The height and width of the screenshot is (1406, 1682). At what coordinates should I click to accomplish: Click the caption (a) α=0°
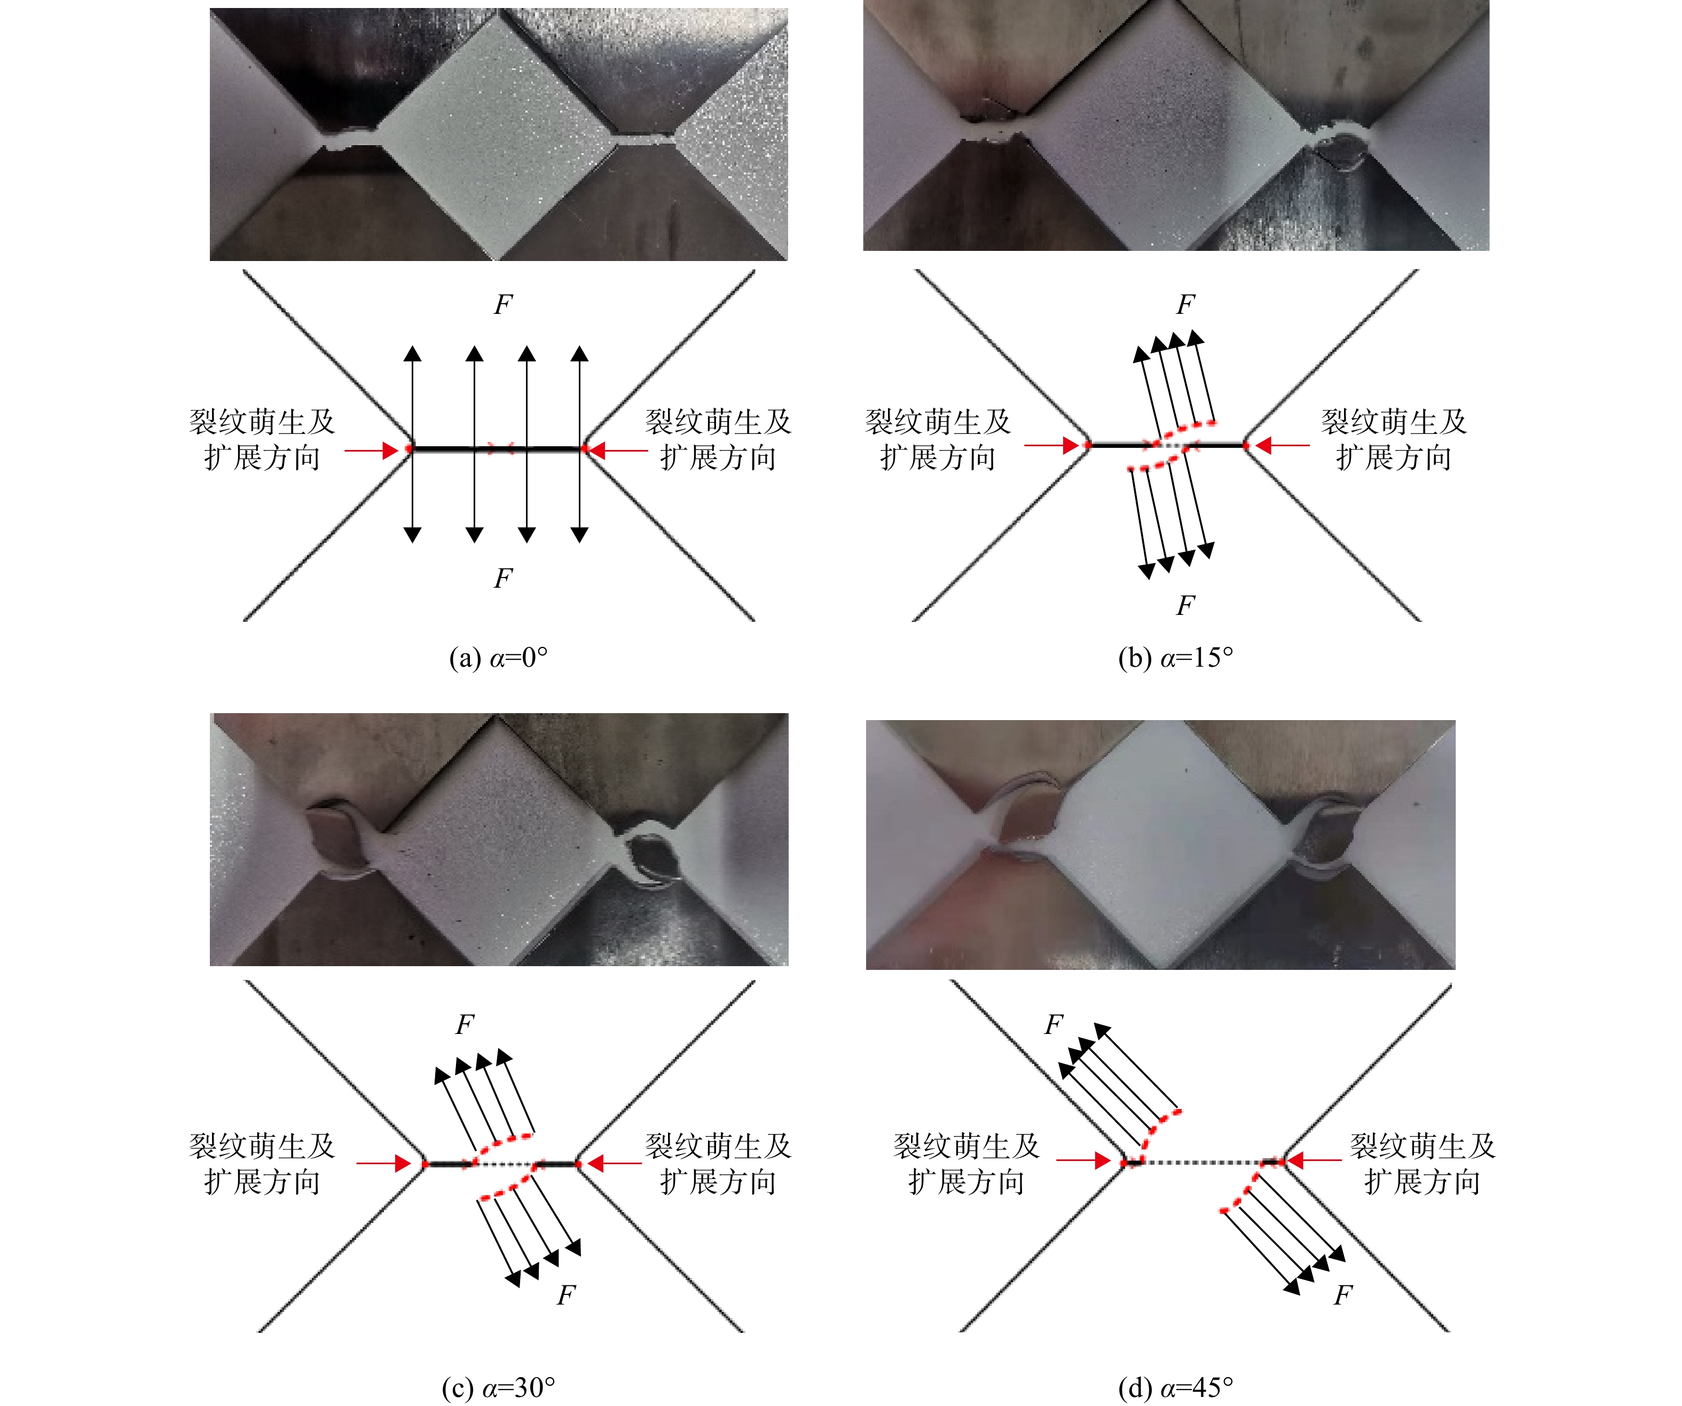498,658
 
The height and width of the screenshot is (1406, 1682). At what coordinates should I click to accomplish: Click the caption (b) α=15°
1175,658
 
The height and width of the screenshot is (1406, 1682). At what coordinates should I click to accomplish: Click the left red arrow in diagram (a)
372,451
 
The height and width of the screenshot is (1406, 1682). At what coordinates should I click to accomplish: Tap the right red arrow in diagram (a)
617,451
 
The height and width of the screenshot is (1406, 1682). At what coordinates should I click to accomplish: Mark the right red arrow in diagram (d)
1314,1159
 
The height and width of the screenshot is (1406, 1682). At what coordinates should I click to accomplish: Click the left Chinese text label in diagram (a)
262,440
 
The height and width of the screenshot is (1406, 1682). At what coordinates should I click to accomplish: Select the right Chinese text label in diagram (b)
1394,440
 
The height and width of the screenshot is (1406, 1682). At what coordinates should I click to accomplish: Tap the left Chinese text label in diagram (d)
966,1164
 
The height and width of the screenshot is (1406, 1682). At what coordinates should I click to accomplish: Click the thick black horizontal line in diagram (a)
497,449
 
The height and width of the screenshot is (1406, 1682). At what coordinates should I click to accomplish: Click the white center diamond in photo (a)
497,133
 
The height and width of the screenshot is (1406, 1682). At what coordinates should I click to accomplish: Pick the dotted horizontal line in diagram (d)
1201,1162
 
